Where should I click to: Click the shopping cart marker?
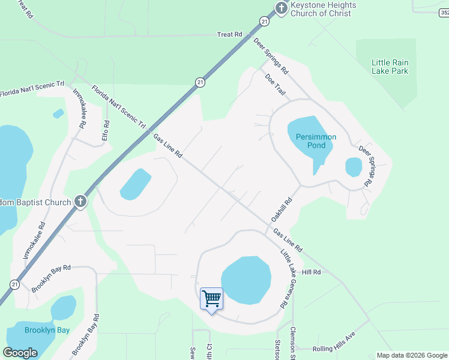(x=211, y=298)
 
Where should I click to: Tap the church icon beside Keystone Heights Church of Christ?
(x=281, y=8)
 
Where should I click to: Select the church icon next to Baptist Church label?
(x=81, y=202)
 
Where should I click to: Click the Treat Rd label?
(x=230, y=35)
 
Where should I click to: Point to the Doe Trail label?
(x=275, y=85)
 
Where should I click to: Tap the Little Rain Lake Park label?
(x=390, y=67)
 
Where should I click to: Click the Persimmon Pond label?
(x=316, y=141)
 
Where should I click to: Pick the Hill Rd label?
(x=312, y=272)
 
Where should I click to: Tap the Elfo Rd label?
(x=106, y=131)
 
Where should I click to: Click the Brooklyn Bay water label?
(x=47, y=330)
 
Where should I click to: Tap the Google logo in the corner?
(x=20, y=352)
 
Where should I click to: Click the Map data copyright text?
(x=411, y=355)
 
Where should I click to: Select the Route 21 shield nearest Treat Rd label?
(x=264, y=21)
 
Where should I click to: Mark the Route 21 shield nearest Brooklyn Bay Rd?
(x=14, y=284)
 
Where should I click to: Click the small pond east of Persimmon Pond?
(x=354, y=167)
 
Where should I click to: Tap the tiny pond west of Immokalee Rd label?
(x=58, y=113)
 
